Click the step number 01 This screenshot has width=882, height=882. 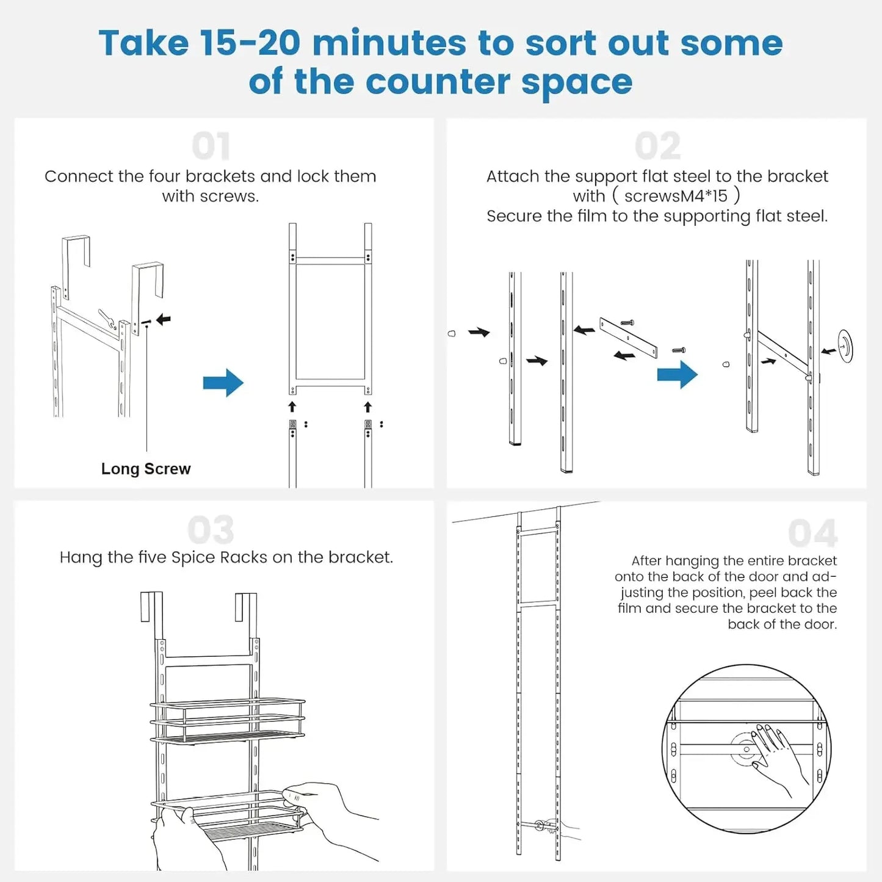click(x=211, y=146)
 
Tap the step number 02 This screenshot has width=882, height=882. click(x=657, y=146)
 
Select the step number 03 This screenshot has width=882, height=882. click(x=211, y=530)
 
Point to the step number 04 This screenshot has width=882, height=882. click(x=812, y=533)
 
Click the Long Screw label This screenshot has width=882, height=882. click(x=146, y=469)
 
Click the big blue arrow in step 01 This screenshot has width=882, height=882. click(x=223, y=383)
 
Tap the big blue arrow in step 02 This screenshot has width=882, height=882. click(x=677, y=375)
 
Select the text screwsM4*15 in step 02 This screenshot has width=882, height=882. click(x=676, y=196)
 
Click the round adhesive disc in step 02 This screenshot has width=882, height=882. click(x=845, y=346)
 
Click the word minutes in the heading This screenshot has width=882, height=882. click(x=389, y=43)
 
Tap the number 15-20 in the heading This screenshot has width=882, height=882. click(x=250, y=43)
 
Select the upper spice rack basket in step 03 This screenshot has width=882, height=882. click(x=227, y=720)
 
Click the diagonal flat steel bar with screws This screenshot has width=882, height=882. click(x=628, y=337)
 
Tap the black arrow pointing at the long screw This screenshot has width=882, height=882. click(x=163, y=319)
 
